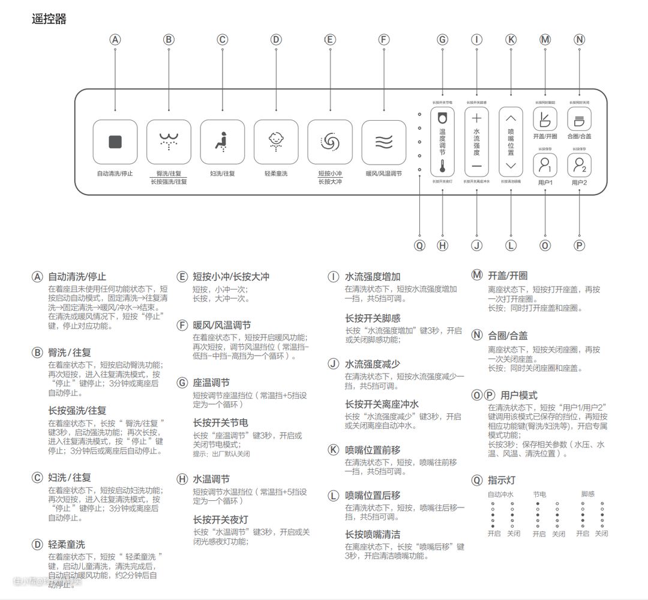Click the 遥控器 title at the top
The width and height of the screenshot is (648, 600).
coord(49,19)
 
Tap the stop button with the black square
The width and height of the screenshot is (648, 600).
coord(115,142)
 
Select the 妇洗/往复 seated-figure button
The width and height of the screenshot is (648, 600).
coord(223,142)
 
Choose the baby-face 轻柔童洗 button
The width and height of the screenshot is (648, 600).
coord(276,142)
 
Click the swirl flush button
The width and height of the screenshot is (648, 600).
coord(330,142)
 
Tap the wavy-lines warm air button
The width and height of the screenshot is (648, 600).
coord(384,142)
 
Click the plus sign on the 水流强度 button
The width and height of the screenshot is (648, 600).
coord(476,118)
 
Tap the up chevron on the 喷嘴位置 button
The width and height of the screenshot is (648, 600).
coord(511,118)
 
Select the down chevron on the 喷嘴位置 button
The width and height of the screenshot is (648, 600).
coord(511,166)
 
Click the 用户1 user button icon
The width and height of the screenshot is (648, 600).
coord(545,164)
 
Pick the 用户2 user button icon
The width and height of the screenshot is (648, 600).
coord(579,164)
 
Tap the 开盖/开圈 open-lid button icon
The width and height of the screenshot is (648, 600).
coord(545,119)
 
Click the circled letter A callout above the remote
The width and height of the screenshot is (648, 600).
coord(115,40)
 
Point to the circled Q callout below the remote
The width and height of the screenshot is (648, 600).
coord(419,245)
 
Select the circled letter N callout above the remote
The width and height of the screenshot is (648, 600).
coord(579,40)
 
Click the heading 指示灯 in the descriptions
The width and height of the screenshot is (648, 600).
coord(502,480)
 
